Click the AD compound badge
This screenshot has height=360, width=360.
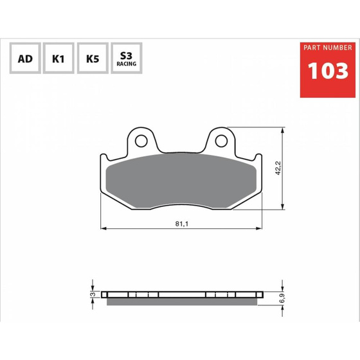click(25, 58)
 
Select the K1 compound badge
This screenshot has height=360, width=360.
click(59, 58)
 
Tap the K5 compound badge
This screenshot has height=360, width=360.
click(93, 58)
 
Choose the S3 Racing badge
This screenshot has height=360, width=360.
click(127, 58)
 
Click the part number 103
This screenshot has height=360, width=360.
click(328, 71)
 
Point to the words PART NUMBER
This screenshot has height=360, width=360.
click(328, 48)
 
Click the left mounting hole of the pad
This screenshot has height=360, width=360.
click(141, 141)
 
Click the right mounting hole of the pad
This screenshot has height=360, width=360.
click(221, 141)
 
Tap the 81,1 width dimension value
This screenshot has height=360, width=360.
click(181, 224)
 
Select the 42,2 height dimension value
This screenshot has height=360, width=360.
click(278, 168)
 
